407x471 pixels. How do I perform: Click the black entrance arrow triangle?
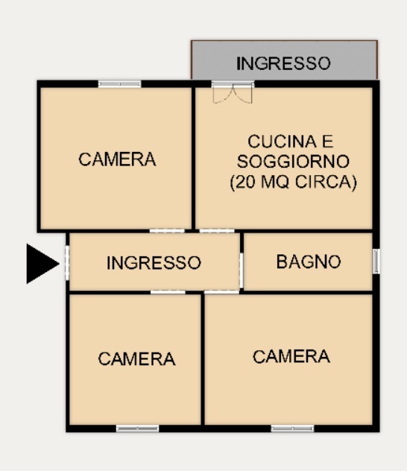(41, 263)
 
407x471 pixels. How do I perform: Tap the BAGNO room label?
(308, 262)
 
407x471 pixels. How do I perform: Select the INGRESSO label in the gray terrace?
(283, 64)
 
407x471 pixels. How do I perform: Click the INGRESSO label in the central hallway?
(154, 263)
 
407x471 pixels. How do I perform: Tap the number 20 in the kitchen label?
(246, 181)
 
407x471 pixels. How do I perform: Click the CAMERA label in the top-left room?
(117, 159)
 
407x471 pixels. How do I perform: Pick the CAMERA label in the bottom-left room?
(136, 359)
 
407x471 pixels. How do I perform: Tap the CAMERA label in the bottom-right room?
(291, 357)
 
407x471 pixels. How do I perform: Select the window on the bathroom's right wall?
(376, 261)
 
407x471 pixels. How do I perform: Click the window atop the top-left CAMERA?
(119, 83)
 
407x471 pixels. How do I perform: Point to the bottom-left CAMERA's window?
(137, 429)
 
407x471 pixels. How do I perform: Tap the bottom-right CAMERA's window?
(291, 429)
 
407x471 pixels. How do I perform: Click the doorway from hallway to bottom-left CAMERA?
(168, 292)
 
